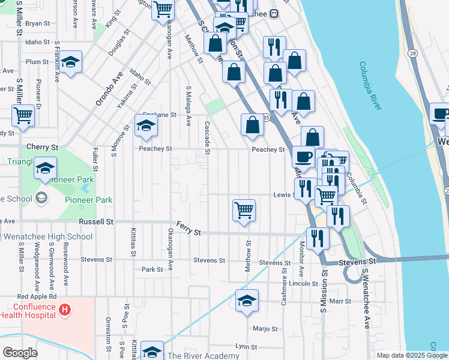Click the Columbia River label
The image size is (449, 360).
coord(371,86)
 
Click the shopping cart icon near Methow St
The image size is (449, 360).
coord(244,211)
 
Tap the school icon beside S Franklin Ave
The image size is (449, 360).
coord(71,62)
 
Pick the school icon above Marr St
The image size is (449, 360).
coord(247,301)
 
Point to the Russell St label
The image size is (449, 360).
coord(96,221)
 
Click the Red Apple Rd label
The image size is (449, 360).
coord(37,296)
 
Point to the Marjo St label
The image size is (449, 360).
coord(265,328)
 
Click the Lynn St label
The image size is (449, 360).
coord(246,347)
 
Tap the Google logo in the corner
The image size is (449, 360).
coord(20,353)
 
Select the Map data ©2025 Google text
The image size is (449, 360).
coord(411,355)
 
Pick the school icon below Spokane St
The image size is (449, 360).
coord(145,125)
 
